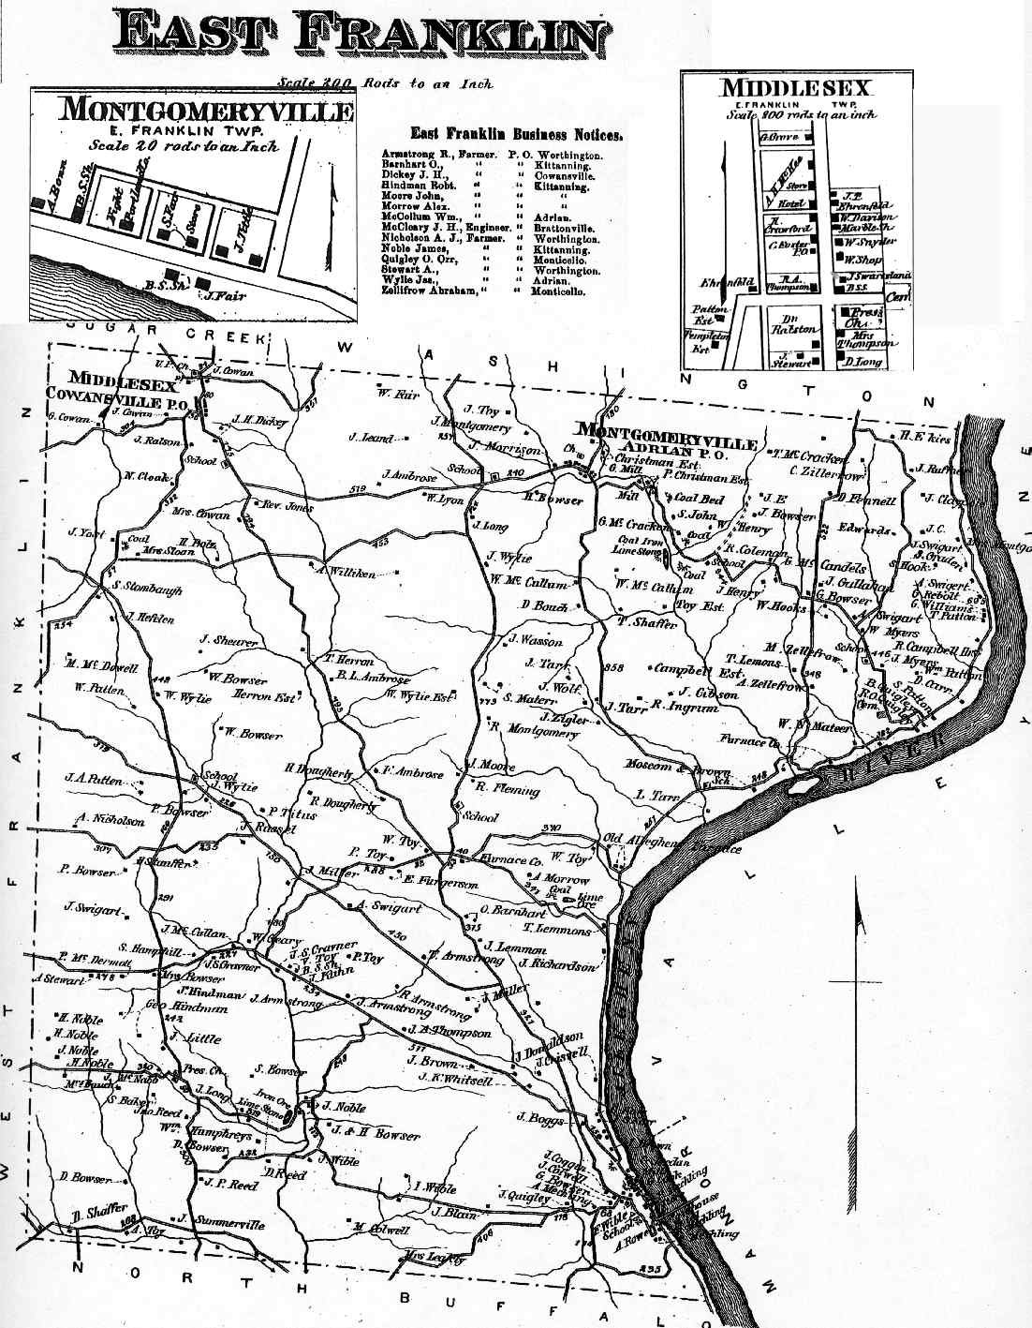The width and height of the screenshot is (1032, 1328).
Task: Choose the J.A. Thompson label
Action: pyautogui.click(x=450, y=1032)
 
